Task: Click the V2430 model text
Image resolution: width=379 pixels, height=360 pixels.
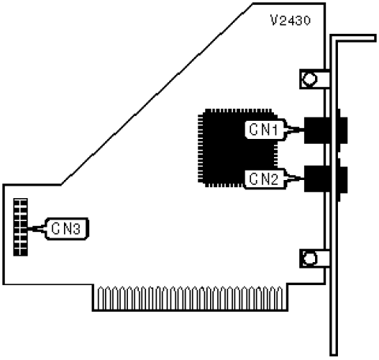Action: (291, 21)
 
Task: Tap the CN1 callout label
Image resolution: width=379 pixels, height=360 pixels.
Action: (265, 129)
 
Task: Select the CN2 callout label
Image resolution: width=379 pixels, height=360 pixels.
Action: (265, 179)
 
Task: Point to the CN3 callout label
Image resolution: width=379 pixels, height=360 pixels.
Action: (66, 229)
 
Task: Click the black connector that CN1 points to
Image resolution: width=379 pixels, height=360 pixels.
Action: (325, 130)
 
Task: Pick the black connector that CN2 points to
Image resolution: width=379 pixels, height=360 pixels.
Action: (325, 179)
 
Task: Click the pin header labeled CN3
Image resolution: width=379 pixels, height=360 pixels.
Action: (21, 227)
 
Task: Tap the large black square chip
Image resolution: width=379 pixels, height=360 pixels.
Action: (237, 148)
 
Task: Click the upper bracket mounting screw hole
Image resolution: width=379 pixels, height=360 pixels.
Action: (310, 79)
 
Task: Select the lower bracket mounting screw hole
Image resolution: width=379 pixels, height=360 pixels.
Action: (310, 258)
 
